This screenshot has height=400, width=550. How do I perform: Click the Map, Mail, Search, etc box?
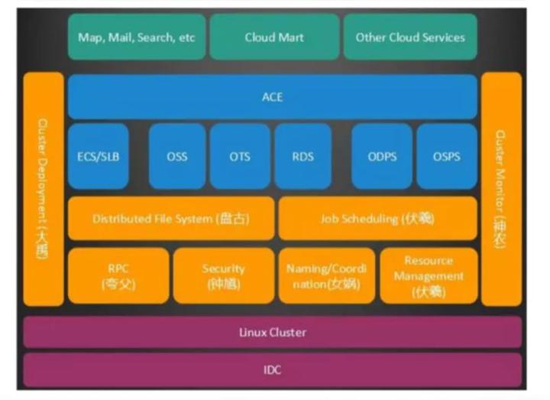point(136,37)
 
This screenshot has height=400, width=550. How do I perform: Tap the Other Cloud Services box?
point(410,37)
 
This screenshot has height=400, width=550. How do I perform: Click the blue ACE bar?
point(272,97)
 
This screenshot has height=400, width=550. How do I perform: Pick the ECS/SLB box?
point(99,156)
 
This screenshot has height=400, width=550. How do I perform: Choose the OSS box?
point(176,156)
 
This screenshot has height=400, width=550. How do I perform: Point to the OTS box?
point(240,156)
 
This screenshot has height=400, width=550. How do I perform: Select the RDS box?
point(302,156)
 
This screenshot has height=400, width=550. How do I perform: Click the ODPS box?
point(381,156)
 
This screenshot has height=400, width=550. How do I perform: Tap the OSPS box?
point(446,156)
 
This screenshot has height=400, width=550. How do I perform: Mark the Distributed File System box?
point(171,219)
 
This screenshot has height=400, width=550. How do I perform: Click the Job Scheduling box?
point(378,219)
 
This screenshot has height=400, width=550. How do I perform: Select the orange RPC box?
point(118,275)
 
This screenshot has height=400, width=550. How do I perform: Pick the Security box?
point(223,275)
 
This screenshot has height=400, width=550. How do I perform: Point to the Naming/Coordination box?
point(327,275)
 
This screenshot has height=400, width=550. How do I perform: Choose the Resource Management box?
point(429,275)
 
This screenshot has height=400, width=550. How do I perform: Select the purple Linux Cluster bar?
point(272,333)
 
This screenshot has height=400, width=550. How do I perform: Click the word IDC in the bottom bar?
point(272,369)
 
